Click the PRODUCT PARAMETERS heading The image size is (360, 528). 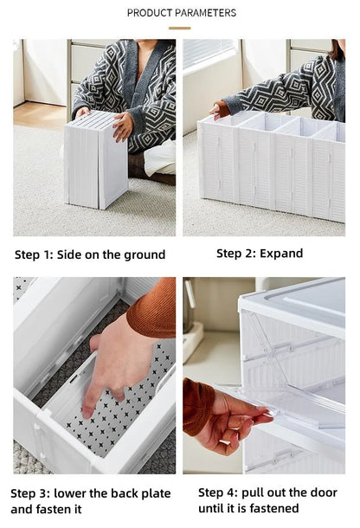click(181, 13)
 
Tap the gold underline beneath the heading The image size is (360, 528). click(180, 29)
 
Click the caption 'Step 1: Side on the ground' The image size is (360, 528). click(90, 254)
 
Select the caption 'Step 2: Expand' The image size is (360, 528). click(260, 254)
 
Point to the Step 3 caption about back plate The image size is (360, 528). click(91, 500)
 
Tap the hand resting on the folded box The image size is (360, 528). click(123, 126)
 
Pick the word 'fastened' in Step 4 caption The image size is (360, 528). click(273, 508)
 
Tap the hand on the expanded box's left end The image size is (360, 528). click(220, 109)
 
